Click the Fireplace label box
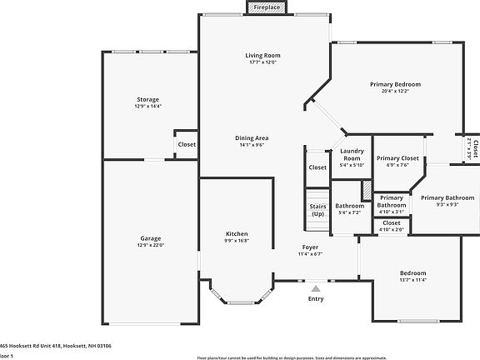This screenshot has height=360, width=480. (267, 7)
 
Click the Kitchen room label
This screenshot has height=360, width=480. (237, 233)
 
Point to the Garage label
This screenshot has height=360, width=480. (150, 239)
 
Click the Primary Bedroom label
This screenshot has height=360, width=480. (395, 84)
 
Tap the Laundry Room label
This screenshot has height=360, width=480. (351, 154)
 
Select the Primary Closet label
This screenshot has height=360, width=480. (397, 157)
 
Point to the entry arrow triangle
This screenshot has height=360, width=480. (316, 287)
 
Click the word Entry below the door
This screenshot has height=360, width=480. (316, 298)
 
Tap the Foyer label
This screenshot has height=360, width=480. (310, 247)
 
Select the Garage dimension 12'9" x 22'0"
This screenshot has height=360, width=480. (150, 246)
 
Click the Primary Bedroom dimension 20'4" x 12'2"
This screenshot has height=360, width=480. (395, 92)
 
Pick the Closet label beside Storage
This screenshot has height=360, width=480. (187, 144)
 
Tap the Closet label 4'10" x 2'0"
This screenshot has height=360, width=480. (391, 222)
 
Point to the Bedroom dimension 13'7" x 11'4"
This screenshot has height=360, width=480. (412, 280)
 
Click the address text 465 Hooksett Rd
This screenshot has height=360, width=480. (55, 345)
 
